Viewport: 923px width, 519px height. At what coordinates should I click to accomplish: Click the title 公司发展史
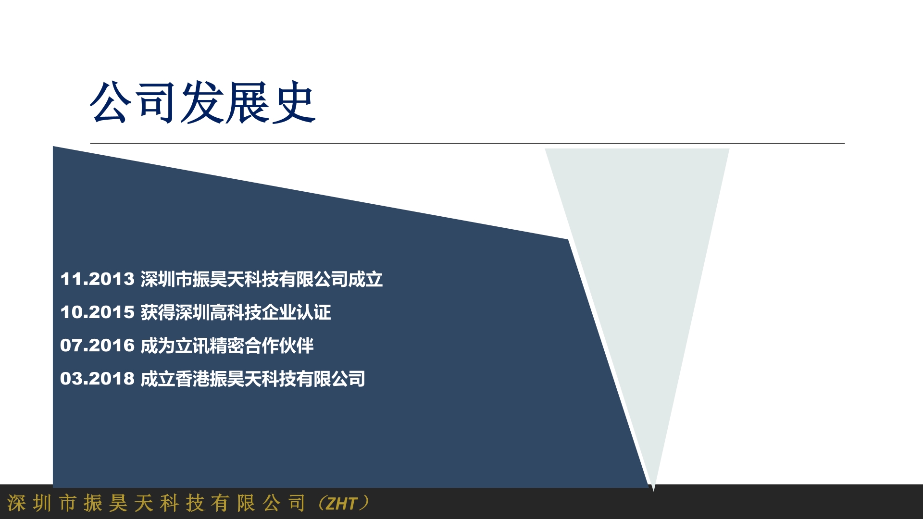click(x=202, y=102)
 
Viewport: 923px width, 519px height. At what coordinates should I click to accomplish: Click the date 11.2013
click(x=97, y=279)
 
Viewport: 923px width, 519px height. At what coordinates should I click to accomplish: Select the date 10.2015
click(x=97, y=312)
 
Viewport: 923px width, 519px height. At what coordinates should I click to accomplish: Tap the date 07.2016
click(x=97, y=346)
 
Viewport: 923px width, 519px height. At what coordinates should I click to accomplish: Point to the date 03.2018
click(x=97, y=379)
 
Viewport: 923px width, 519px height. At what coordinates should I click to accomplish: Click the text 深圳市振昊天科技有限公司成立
click(x=262, y=279)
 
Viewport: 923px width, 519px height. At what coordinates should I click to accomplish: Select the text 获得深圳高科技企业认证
click(x=236, y=312)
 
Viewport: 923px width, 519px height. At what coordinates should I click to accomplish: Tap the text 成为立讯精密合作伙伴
click(x=227, y=346)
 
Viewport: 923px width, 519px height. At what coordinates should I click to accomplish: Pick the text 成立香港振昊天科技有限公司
click(x=253, y=379)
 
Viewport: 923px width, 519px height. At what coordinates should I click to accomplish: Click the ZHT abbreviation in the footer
click(x=342, y=504)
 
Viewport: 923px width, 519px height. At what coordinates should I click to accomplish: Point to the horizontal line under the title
click(x=467, y=143)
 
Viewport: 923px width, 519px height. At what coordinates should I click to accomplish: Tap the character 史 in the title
click(x=294, y=102)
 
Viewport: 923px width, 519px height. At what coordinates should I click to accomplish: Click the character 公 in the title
click(x=112, y=102)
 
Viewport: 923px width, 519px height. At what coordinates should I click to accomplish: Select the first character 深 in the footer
click(x=16, y=503)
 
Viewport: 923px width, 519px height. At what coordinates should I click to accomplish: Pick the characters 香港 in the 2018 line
click(x=192, y=379)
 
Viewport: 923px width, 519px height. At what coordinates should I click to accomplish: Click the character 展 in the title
click(x=248, y=102)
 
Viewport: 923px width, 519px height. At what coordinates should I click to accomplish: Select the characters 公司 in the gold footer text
click(x=284, y=503)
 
